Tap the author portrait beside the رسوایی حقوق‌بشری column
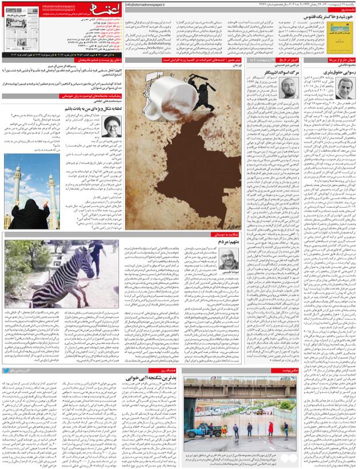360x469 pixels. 344,90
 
